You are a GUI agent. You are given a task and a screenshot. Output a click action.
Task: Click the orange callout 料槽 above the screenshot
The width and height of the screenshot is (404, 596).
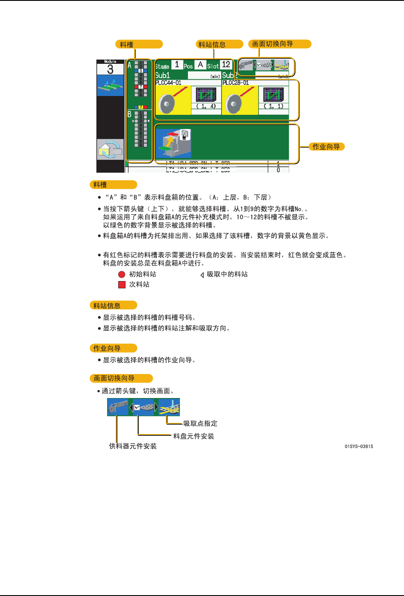[x=139, y=44]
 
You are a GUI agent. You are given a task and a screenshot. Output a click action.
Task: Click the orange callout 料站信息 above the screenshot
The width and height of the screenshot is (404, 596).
[x=220, y=44]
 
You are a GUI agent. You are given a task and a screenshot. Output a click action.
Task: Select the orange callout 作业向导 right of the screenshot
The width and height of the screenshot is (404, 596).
[x=326, y=147]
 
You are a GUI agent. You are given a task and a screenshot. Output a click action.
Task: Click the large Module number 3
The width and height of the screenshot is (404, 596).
[x=110, y=69]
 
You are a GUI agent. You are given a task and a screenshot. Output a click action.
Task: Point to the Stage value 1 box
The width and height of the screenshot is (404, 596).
[x=177, y=65]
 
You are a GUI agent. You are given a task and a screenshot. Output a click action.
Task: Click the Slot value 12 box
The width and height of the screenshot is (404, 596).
[x=226, y=65]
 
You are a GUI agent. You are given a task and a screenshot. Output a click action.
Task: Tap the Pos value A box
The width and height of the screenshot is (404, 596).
[x=200, y=65]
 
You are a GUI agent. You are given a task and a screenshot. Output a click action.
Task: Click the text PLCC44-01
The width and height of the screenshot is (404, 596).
[x=168, y=83]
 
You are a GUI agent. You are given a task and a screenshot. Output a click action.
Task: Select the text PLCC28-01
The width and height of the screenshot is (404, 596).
[x=236, y=83]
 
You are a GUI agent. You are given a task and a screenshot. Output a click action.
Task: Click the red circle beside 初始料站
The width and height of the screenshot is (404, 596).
[x=122, y=274]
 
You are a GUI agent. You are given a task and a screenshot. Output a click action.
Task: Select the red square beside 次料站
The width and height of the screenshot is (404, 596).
[x=122, y=285]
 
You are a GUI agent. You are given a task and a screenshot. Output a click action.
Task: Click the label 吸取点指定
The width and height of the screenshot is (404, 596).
[x=200, y=423]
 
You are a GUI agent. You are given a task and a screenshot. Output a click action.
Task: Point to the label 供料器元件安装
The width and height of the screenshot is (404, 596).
[x=133, y=446]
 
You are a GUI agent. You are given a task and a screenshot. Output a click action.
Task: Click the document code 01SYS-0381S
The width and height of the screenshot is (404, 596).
[x=359, y=446]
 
